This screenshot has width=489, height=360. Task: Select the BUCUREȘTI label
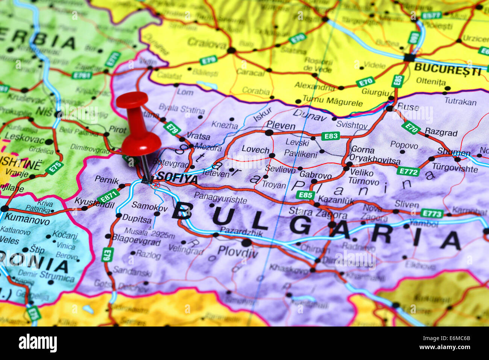(447, 70)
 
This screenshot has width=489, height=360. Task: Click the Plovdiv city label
(238, 251)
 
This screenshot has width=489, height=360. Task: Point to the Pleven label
(281, 125)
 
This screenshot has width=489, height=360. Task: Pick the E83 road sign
(330, 136)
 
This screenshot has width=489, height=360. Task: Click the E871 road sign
(108, 196)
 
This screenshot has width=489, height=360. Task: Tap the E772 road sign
(408, 172)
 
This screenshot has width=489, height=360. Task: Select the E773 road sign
(431, 213)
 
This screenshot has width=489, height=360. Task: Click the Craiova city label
(207, 42)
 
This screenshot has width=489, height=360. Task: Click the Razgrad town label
(441, 132)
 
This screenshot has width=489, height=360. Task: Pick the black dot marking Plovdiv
(246, 243)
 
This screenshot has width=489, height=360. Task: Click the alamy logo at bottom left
(38, 343)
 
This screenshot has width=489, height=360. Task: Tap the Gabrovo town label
(315, 175)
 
